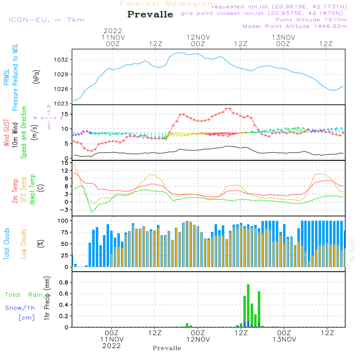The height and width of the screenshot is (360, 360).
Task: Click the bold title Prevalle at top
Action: [150, 14]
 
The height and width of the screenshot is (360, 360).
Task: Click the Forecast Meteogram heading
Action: [168, 4]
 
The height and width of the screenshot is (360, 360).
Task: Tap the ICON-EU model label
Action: [46, 20]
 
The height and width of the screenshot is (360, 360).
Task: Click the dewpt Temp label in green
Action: [32, 190]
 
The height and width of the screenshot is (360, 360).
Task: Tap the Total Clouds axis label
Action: [7, 244]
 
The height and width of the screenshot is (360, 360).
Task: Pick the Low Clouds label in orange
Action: [24, 243]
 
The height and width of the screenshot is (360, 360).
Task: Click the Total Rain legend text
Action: [23, 295]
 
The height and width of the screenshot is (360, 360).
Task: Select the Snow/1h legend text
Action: [20, 308]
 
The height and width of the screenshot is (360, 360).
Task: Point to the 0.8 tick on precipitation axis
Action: [63, 283]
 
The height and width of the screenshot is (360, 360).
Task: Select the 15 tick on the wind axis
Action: [65, 114]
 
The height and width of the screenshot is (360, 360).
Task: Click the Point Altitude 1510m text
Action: [311, 20]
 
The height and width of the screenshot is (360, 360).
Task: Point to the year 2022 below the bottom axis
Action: [112, 346]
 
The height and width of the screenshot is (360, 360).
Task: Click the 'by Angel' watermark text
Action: [352, 249]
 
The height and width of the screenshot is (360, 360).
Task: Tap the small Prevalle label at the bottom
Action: [167, 348]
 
